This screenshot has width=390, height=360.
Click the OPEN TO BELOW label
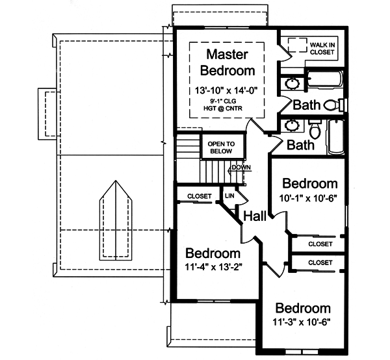pos(221,148)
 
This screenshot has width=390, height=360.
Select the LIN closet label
pos(229,195)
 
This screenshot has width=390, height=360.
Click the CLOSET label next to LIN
pos(198,196)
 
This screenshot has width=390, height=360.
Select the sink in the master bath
pos(292,84)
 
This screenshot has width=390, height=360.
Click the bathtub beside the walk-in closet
pos(325,82)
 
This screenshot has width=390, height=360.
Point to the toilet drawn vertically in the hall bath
pos(316,130)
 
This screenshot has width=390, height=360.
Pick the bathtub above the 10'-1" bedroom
pos(335,137)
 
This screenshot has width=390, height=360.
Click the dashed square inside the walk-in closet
pos(298,44)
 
